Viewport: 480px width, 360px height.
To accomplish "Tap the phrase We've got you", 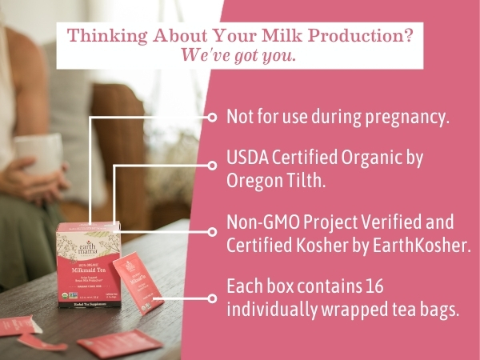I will [238, 56].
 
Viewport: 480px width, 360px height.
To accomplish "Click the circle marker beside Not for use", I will [212, 117].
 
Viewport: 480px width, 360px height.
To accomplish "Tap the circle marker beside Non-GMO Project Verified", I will [212, 231].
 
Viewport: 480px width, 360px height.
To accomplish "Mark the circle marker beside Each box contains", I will [212, 298].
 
